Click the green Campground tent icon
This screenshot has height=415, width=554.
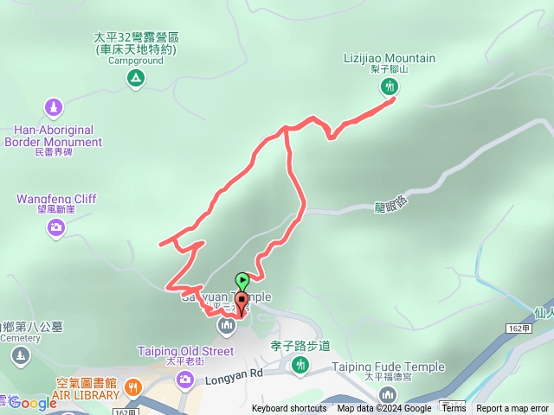[x=135, y=79]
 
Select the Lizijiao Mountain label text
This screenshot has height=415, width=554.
[x=390, y=59]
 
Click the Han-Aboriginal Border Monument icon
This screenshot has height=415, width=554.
[x=54, y=108]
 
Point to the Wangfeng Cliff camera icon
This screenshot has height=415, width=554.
[x=56, y=227]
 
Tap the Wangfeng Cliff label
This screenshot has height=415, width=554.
[x=56, y=199]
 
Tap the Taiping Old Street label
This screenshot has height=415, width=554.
[x=185, y=351]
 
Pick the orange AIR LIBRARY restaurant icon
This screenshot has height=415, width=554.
[x=132, y=386]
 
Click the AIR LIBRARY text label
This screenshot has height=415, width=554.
[x=87, y=394]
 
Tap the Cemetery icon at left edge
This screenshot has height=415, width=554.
[x=21, y=355]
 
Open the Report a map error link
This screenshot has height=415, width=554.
[x=512, y=409]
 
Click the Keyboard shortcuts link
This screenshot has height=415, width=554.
[x=289, y=409]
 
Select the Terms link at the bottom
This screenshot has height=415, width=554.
[x=453, y=409]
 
